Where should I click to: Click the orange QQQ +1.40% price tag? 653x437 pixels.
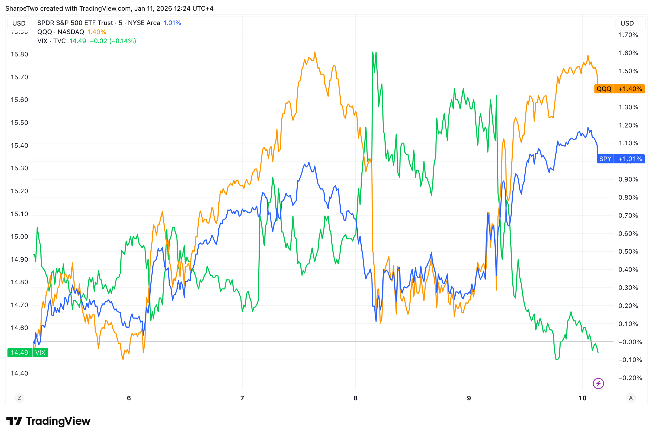pos(619,89)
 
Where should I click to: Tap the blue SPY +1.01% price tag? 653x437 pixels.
pos(621,159)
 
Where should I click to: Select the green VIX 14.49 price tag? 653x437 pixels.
pos(27,353)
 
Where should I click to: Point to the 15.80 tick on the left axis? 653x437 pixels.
pos(19,54)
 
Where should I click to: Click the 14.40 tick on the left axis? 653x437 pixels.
pos(19,373)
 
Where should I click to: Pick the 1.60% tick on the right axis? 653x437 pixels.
pos(628,53)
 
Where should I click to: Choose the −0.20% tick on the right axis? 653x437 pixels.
pos(630,378)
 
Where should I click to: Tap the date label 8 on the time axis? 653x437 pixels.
pos(356,398)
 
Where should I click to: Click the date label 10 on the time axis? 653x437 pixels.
pos(582,398)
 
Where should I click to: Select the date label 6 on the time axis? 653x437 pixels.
pos(129,398)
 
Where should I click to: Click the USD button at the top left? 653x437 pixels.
pos(19,23)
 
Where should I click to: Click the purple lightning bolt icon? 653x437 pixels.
pos(598,384)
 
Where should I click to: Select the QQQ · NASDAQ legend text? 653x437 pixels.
pos(60,32)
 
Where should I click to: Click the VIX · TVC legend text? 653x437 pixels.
pos(51,41)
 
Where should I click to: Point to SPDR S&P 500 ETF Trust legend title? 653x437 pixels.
pos(75,23)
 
